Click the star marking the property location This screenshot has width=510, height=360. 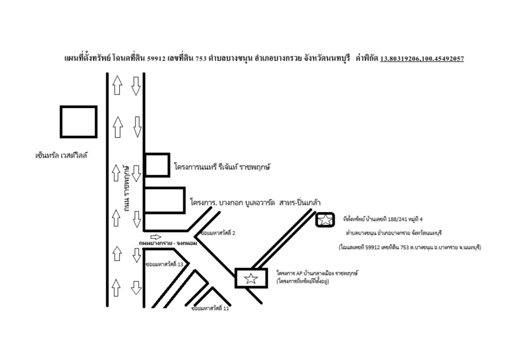click(325, 220)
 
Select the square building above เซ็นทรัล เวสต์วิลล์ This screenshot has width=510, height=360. click(79, 121)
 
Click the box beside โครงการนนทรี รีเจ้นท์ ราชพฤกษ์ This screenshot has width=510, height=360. click(157, 165)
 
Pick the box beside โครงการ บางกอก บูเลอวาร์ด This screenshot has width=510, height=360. click(164, 200)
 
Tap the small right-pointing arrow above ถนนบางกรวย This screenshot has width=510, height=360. click(155, 237)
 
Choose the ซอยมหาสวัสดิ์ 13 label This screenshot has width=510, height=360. click(164, 264)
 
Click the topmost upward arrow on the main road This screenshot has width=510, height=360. click(117, 85)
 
